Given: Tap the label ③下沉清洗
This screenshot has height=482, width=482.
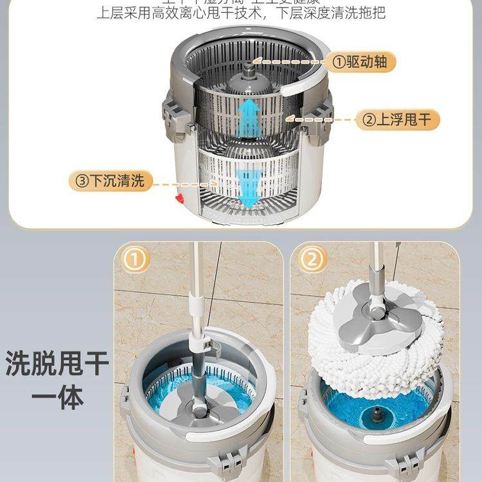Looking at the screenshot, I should [111, 181].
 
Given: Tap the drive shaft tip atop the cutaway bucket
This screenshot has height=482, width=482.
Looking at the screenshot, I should [249, 66].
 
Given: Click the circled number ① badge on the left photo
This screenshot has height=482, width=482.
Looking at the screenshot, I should [135, 260].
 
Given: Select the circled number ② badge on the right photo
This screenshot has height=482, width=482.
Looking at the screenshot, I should [311, 260].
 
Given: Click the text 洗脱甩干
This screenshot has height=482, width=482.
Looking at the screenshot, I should [57, 364].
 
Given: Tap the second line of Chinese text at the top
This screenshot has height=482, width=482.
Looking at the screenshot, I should [240, 13].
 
